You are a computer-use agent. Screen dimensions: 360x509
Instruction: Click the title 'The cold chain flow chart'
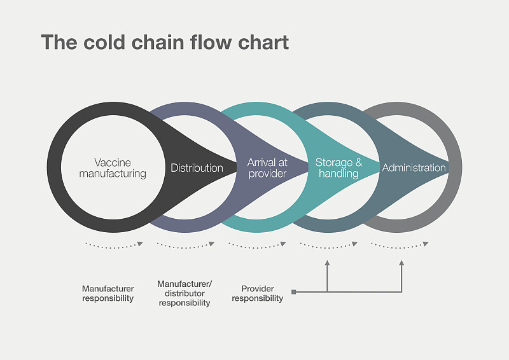click(x=165, y=43)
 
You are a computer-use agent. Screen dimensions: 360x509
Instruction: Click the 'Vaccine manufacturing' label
click(x=120, y=168)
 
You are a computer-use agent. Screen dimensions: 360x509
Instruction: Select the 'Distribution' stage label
click(x=197, y=168)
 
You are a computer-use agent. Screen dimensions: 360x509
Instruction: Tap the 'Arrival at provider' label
click(x=267, y=168)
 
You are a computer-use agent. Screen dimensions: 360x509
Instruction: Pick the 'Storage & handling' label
click(x=338, y=168)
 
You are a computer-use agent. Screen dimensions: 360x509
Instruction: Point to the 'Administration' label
click(x=414, y=168)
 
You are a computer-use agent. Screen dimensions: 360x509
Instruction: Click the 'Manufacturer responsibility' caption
click(x=108, y=293)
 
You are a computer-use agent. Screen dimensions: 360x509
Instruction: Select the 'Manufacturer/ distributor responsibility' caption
click(x=184, y=293)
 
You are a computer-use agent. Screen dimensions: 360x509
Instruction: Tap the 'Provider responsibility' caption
click(x=257, y=293)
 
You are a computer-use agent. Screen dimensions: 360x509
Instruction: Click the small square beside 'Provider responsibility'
click(x=293, y=292)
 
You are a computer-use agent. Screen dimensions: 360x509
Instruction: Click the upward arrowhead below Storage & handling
click(x=327, y=262)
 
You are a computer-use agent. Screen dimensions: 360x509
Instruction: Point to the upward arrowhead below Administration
click(x=401, y=262)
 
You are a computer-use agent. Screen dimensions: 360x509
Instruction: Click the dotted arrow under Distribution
click(x=185, y=245)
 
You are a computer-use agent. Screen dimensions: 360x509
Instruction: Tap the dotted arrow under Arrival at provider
click(x=257, y=245)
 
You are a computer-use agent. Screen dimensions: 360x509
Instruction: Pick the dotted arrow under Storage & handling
click(x=328, y=245)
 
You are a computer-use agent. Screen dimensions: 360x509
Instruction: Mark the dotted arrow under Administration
click(x=400, y=245)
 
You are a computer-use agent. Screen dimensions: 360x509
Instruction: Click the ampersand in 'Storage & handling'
click(x=358, y=163)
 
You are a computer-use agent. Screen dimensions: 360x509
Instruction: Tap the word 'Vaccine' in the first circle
click(x=113, y=163)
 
